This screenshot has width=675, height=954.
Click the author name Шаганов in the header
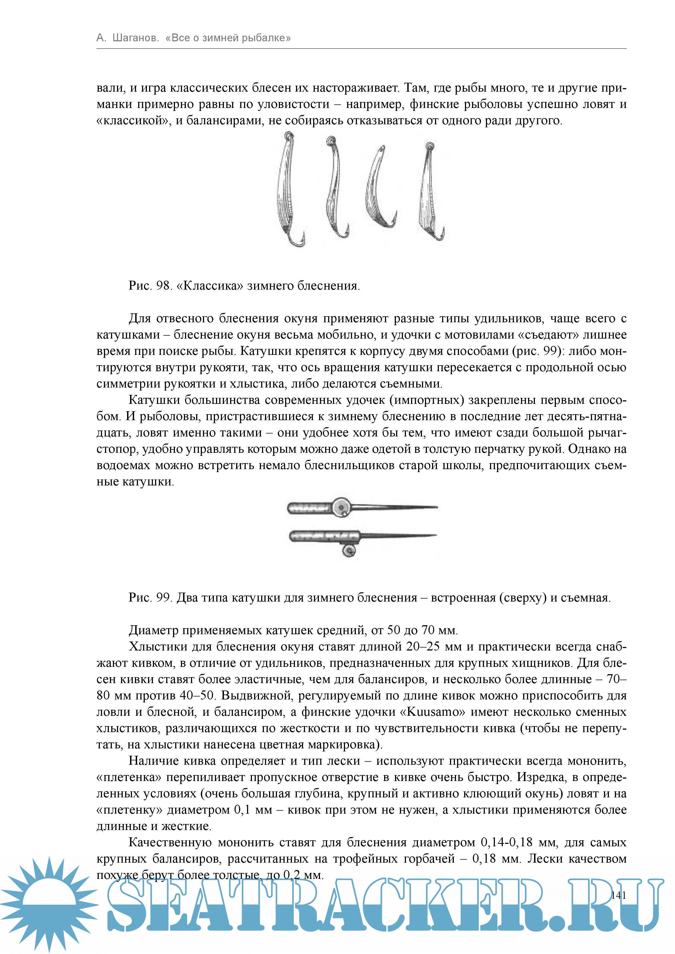135,38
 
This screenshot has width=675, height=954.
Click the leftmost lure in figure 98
286,187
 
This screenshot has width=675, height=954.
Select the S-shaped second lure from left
335,187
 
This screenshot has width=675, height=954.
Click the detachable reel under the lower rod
348,551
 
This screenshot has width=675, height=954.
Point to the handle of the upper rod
309,507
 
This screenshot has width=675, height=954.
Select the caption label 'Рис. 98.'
150,286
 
